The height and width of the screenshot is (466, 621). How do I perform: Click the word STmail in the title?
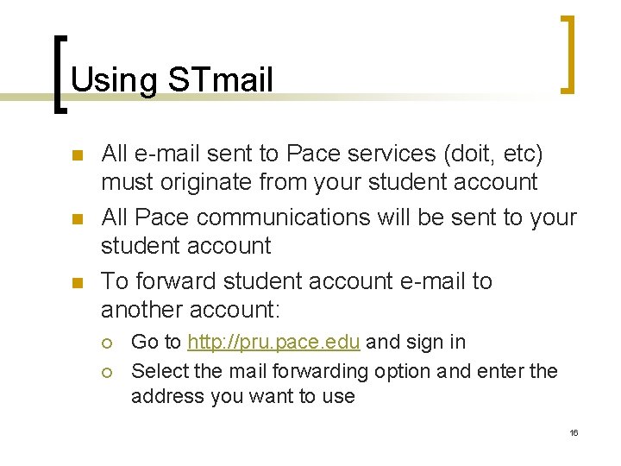[220, 80]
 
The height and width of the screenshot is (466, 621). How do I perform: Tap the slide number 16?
[574, 431]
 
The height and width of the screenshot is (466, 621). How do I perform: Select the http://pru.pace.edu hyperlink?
[273, 342]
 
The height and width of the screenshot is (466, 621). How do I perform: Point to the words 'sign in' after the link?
[435, 342]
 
